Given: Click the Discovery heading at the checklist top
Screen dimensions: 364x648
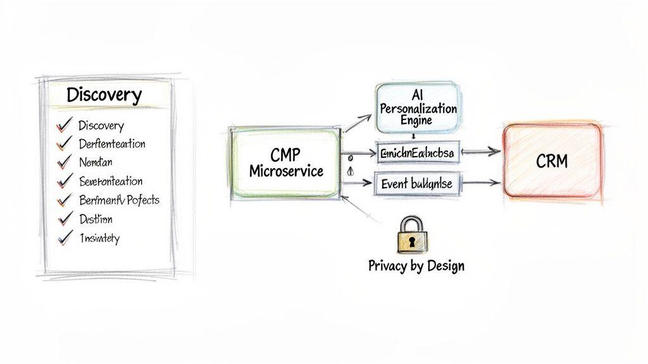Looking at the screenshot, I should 104,95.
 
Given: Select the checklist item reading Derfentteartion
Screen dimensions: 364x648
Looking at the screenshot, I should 111,144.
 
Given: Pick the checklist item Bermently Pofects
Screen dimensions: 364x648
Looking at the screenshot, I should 119,200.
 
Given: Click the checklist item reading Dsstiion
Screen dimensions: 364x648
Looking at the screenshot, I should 96,219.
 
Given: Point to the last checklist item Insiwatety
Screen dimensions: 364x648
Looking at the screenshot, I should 99,238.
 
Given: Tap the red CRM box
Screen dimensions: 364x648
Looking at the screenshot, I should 551,161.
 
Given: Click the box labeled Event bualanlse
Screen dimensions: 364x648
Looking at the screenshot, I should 416,184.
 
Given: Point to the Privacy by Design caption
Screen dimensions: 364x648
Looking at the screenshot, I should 416,265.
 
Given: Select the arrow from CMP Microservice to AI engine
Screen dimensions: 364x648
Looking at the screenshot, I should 357,123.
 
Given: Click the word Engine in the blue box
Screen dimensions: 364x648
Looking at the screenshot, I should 416,120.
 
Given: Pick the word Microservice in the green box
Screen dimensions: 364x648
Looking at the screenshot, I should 286,171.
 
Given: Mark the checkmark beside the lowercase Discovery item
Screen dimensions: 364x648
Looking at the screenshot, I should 63,126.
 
